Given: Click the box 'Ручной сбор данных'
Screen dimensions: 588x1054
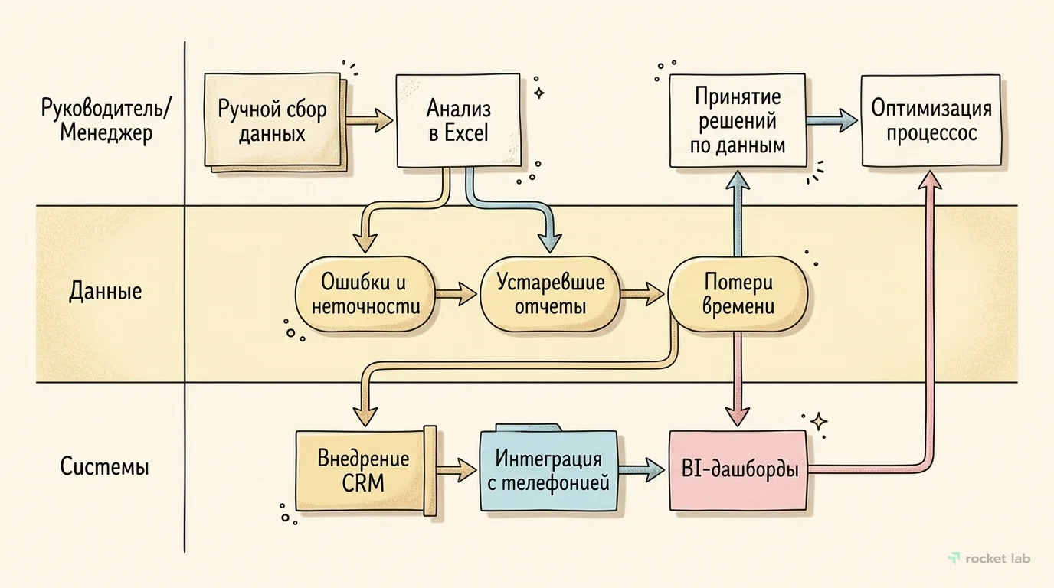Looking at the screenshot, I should tap(272, 120).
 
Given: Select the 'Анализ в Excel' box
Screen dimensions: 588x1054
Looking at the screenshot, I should tap(458, 121).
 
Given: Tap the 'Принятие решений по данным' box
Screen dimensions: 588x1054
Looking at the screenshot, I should tap(737, 121).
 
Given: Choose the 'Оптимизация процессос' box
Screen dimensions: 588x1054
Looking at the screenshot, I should tap(931, 120).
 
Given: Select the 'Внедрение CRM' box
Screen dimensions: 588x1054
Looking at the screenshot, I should tap(363, 471).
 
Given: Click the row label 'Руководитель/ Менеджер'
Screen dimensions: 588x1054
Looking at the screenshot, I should tap(106, 120).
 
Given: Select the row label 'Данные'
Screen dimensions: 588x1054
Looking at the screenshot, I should tap(106, 292).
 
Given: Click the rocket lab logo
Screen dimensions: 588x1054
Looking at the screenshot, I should tap(989, 558).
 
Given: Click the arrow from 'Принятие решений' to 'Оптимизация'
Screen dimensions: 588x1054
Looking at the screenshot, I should tap(833, 119).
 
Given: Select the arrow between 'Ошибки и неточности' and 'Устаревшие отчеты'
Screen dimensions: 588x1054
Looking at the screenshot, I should tap(457, 292).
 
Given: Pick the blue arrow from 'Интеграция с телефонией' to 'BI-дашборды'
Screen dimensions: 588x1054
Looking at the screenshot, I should tap(642, 469).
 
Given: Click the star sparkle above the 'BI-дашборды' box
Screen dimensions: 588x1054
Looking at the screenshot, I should tap(818, 421).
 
